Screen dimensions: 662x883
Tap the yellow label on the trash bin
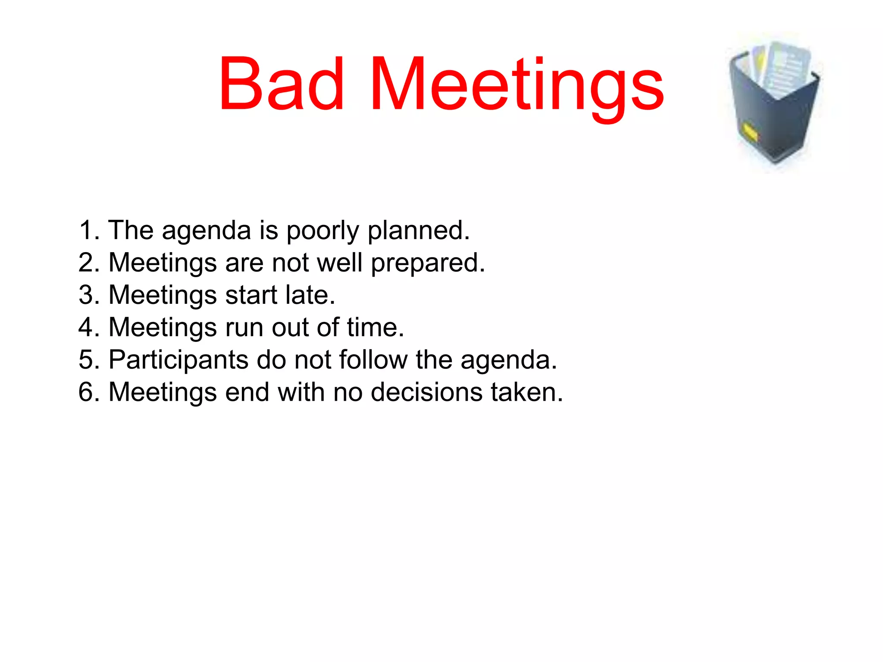[x=750, y=132]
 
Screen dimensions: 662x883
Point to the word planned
[x=418, y=231]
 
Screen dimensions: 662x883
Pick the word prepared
[x=427, y=263]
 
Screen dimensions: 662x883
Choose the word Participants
[x=178, y=360]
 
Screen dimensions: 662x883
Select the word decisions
[x=426, y=392]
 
